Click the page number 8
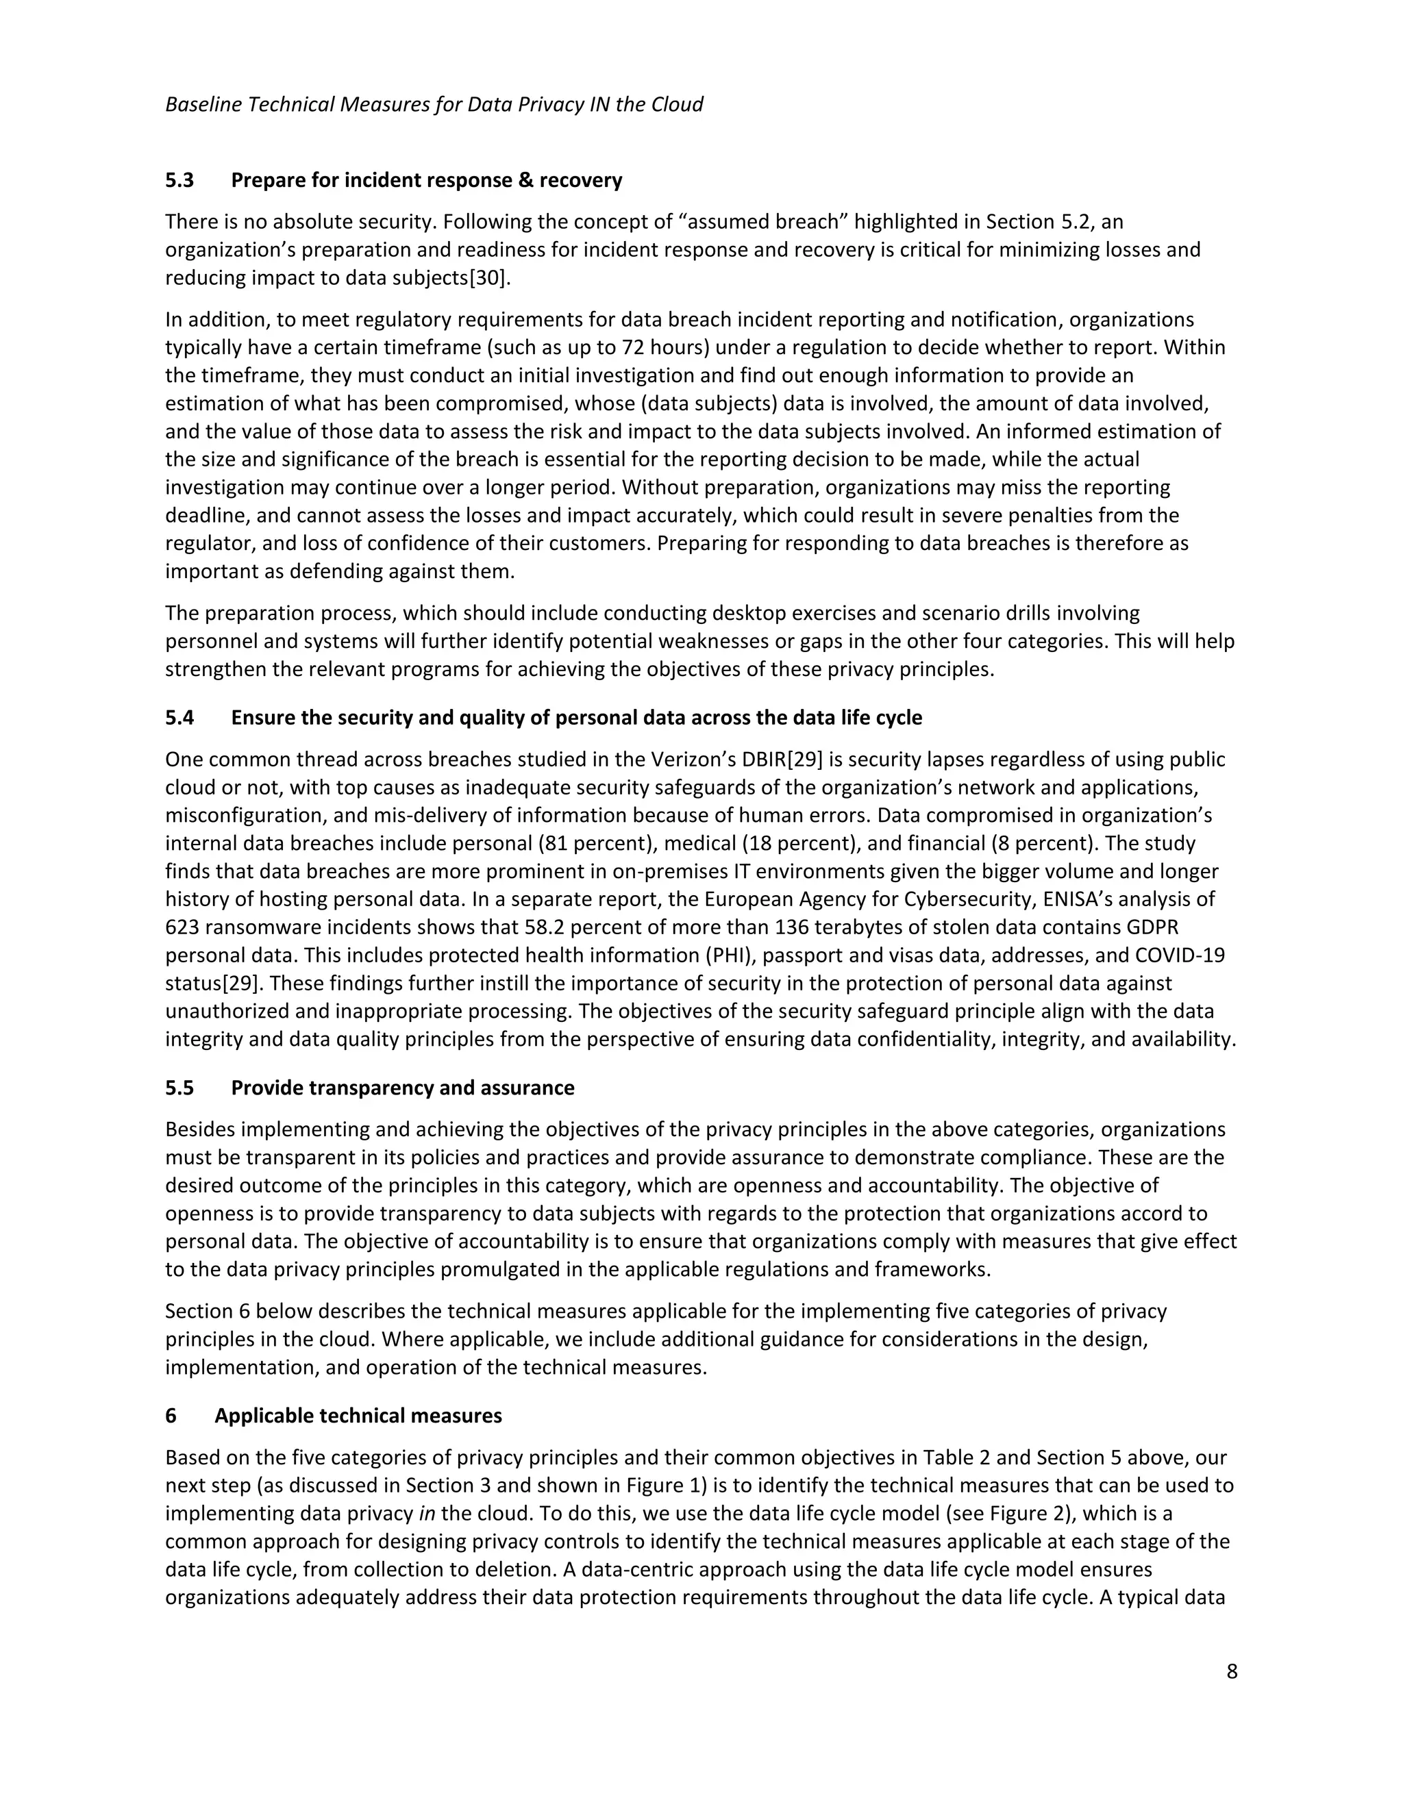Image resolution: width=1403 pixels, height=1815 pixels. (x=1231, y=1671)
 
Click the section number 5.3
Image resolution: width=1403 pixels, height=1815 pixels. (x=179, y=180)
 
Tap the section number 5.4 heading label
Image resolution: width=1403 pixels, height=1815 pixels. (x=179, y=717)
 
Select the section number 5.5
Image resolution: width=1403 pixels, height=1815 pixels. (x=179, y=1088)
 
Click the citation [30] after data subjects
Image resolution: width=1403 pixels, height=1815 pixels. (x=487, y=278)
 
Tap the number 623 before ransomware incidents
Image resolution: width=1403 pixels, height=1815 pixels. (x=182, y=927)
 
